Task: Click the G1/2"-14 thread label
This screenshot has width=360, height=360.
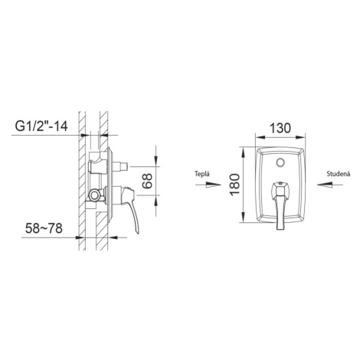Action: (x=41, y=126)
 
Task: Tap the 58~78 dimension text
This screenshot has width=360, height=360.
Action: (x=44, y=228)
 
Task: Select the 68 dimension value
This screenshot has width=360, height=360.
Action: (x=147, y=181)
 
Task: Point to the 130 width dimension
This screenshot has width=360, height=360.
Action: (x=280, y=128)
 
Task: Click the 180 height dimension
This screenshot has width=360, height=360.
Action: (x=234, y=185)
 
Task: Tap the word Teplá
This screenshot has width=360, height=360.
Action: (x=202, y=174)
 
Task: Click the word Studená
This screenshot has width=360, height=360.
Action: (x=339, y=174)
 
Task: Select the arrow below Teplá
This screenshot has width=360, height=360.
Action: (x=208, y=185)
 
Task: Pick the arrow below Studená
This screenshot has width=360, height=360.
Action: (x=330, y=185)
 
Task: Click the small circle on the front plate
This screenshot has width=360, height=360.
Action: (x=280, y=162)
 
